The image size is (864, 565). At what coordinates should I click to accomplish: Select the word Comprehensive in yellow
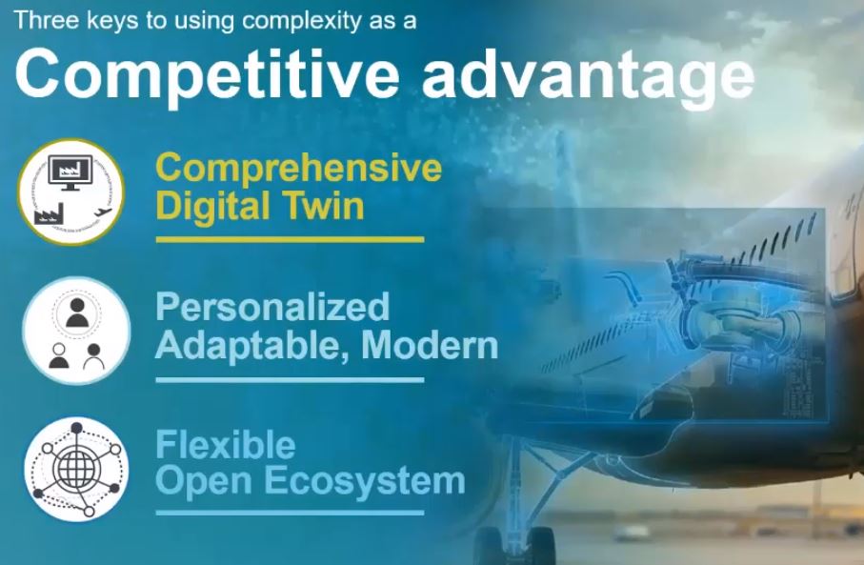(299, 168)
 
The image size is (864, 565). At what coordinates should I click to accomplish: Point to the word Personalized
(272, 308)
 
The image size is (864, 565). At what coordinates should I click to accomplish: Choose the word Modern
(430, 345)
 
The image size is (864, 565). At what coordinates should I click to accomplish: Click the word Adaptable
(251, 347)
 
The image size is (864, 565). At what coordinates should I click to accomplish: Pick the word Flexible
(226, 444)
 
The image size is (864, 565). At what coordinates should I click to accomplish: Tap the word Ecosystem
(366, 481)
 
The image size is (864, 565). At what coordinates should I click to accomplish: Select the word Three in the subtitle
(39, 20)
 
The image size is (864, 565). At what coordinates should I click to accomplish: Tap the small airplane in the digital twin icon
(103, 212)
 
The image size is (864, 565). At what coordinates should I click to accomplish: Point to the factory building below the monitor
(49, 213)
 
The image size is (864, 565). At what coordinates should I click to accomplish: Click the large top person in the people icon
(77, 313)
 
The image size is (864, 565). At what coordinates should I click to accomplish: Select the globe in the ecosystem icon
(76, 469)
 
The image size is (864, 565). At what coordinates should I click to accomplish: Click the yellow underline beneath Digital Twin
(290, 240)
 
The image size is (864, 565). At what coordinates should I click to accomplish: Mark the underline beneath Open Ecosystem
(290, 513)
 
